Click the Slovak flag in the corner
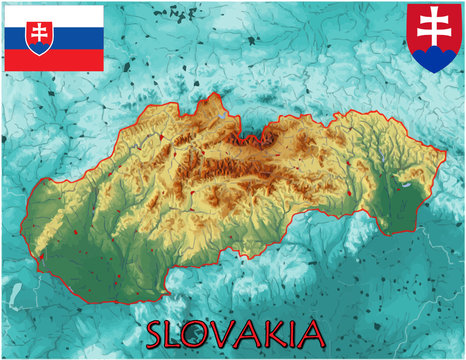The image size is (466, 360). coord(54,38)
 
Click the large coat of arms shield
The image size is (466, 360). coord(435,37)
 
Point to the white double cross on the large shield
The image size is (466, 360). coord(435,30)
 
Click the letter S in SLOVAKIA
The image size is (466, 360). coord(160,334)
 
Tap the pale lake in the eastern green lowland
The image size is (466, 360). coord(408,183)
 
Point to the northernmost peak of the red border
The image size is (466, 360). coord(215,95)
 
